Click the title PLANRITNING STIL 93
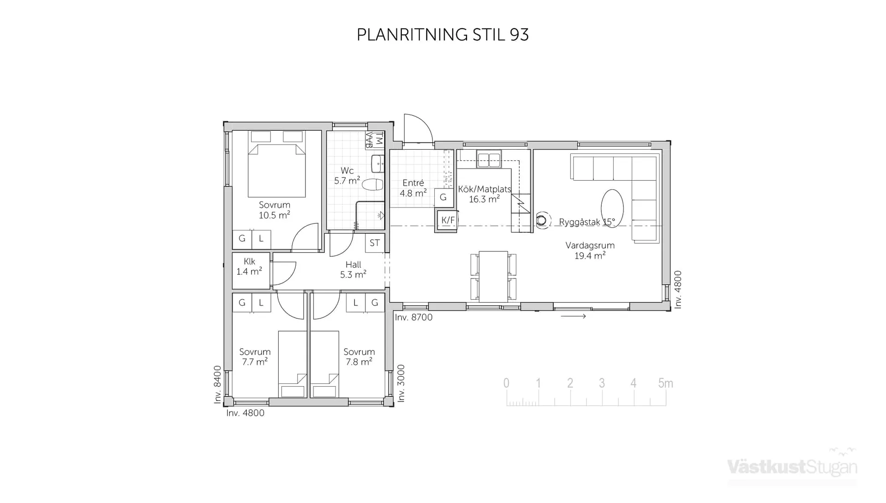tap(443, 35)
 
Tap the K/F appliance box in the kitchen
tap(447, 220)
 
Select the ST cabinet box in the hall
tap(375, 243)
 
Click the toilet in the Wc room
tap(373, 185)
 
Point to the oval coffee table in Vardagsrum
tap(612, 208)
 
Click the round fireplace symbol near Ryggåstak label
tap(542, 220)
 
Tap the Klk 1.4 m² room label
tap(249, 267)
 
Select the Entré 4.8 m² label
tap(413, 188)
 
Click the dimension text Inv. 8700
tap(413, 317)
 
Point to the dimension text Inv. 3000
tap(401, 383)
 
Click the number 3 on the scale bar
tap(602, 383)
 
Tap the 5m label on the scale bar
tap(665, 383)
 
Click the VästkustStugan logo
tap(792, 467)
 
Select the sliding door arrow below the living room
tap(574, 316)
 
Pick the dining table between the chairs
tap(493, 276)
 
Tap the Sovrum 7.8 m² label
tap(359, 357)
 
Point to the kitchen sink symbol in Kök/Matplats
tap(489, 160)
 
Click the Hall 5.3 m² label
tap(353, 270)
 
